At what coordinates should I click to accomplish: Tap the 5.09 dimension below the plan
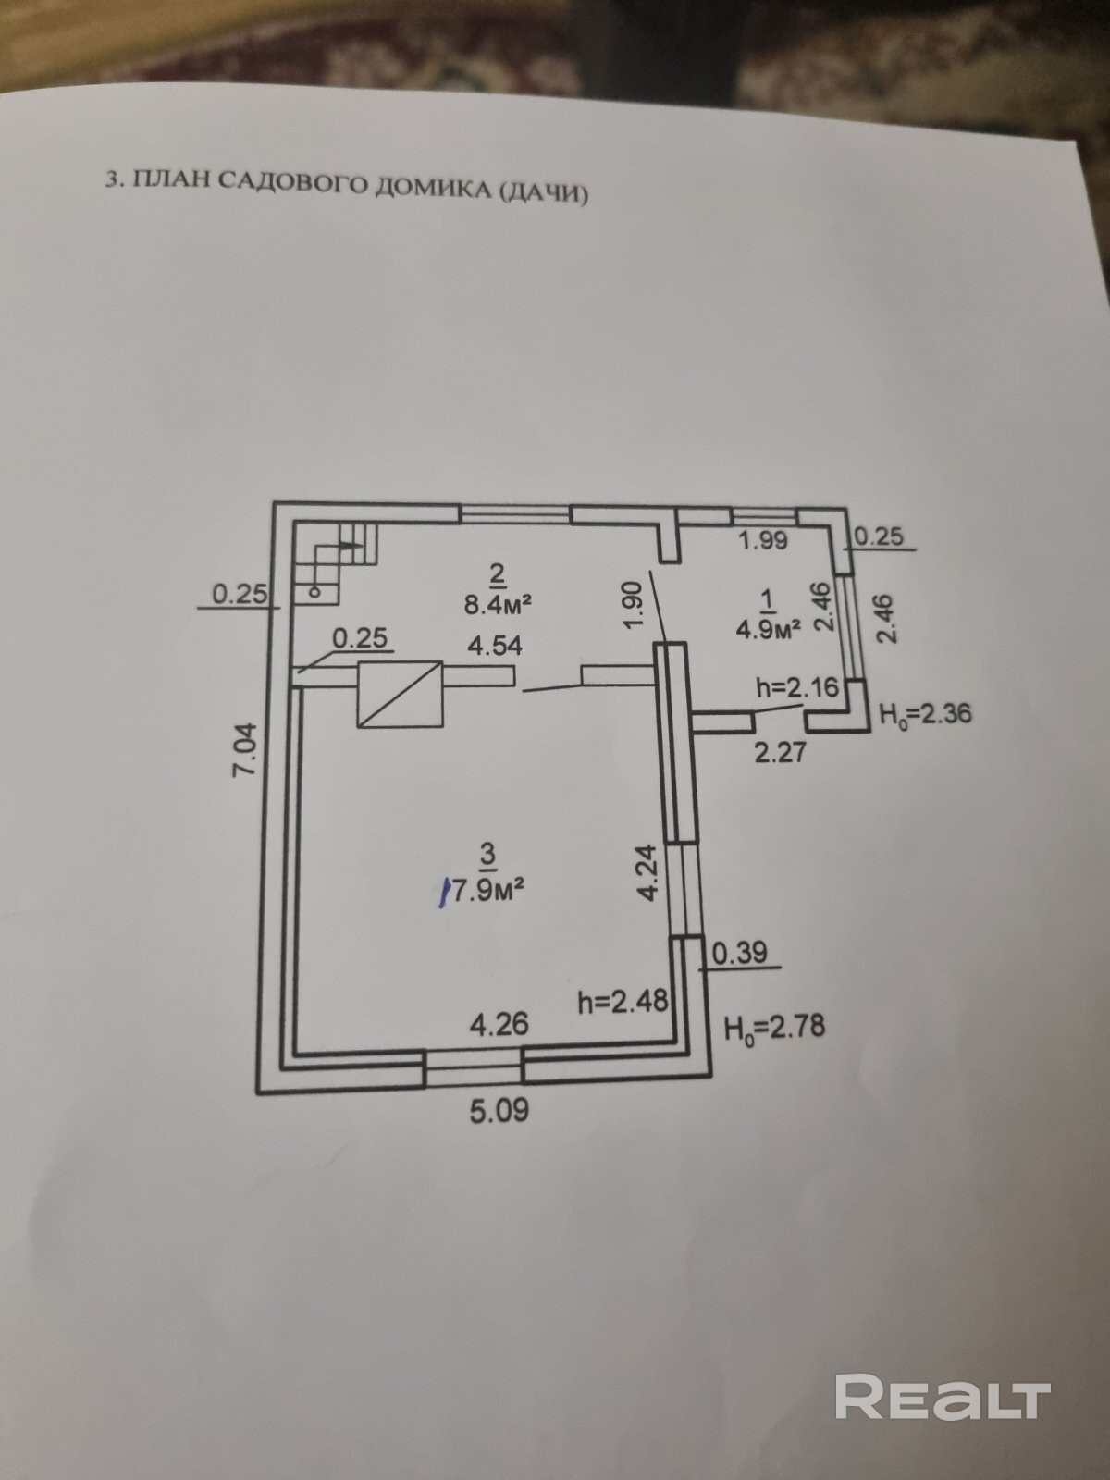[x=499, y=1109]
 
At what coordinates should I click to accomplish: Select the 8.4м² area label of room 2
[x=498, y=604]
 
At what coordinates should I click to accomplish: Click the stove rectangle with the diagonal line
[x=400, y=694]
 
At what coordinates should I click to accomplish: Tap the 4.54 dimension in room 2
[x=494, y=645]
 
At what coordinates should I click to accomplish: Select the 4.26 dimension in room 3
[x=499, y=1024]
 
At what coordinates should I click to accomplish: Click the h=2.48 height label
[x=622, y=1001]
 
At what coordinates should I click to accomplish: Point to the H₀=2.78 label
[x=774, y=1026]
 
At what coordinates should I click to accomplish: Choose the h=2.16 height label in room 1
[x=796, y=686]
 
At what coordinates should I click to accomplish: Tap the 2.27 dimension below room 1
[x=780, y=752]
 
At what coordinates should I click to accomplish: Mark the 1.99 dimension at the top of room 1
[x=762, y=539]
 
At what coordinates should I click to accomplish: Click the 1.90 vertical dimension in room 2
[x=633, y=605]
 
